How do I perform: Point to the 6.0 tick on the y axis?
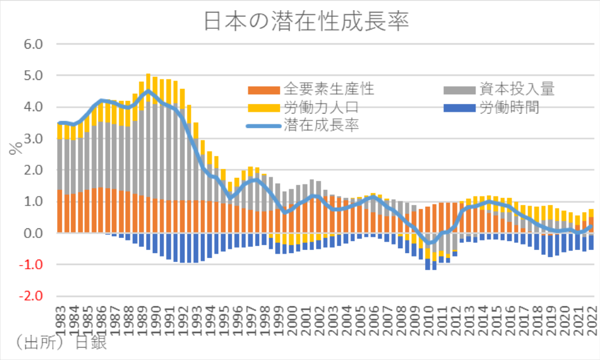coord(33,44)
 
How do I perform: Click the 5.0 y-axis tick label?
coord(33,76)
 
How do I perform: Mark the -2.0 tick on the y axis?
coord(31,296)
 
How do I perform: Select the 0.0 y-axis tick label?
coord(33,233)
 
